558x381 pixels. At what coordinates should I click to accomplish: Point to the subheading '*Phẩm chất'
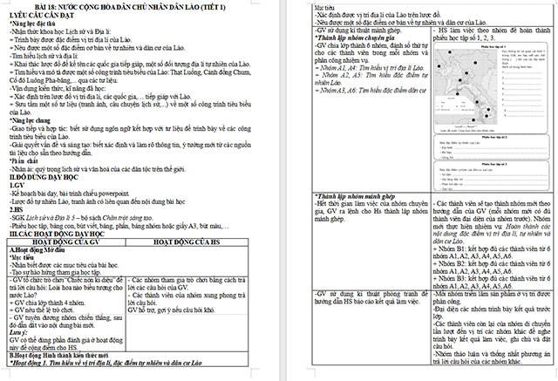(x=24, y=160)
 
